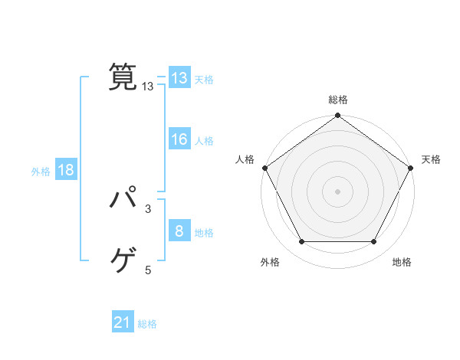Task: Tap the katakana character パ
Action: coord(123,200)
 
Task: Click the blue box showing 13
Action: coord(179,78)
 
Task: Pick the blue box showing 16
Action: coord(179,139)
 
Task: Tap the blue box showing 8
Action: coord(179,231)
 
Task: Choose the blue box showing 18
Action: coord(66,170)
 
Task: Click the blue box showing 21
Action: coord(123,323)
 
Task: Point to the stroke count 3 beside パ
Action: coord(148,208)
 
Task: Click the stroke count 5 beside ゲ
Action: coord(148,270)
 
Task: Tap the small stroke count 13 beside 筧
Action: coord(148,87)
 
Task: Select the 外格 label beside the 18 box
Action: coord(41,171)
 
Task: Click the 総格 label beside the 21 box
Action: coord(147,324)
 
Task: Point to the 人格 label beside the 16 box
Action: coord(204,141)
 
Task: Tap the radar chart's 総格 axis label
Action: coord(338,100)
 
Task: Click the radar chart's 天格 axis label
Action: coord(432,159)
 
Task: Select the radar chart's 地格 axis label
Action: coord(402,262)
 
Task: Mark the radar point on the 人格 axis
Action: coord(265,168)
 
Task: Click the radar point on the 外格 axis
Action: coord(301,242)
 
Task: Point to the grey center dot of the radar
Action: coord(338,191)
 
